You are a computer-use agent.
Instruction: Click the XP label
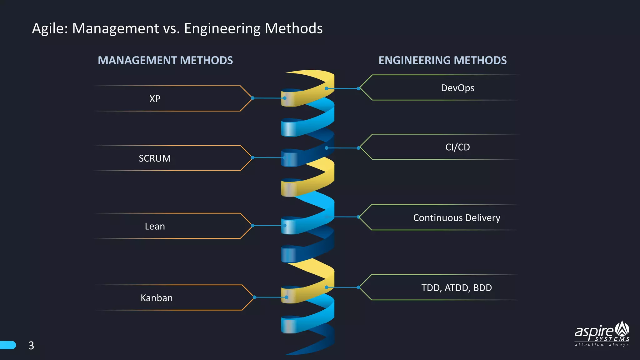point(155,99)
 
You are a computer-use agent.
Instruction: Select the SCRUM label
point(155,158)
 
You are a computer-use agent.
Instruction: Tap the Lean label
point(155,226)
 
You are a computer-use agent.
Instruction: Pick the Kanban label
point(157,298)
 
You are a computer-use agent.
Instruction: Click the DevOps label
point(457,88)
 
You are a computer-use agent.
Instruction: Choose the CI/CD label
point(457,147)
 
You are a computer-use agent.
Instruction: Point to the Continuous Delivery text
point(457,218)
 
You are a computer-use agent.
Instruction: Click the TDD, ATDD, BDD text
point(457,288)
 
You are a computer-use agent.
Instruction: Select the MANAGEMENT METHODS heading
point(165,60)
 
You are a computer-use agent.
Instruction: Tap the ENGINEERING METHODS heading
point(442,60)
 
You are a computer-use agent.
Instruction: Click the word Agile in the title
point(49,29)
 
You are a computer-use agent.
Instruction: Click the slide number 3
point(31,346)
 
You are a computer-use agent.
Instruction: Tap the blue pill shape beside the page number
point(8,345)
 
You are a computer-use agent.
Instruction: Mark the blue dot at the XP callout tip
point(253,98)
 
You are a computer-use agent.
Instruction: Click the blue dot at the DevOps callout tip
point(358,88)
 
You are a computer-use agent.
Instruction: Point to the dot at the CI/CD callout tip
point(358,148)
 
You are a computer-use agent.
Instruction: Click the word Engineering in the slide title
point(222,29)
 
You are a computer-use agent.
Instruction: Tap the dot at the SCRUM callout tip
point(253,157)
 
